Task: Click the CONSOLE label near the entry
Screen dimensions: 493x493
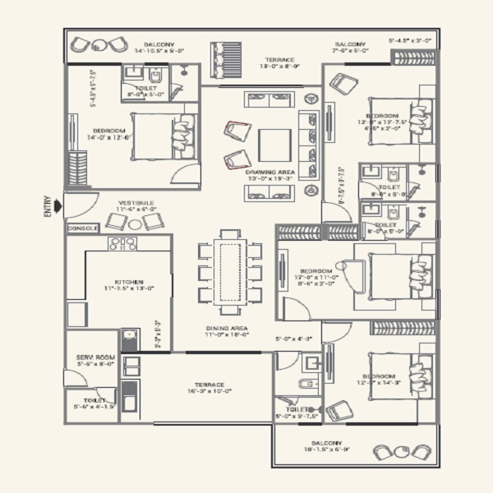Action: click(x=82, y=228)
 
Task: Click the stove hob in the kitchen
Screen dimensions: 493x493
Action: click(x=123, y=243)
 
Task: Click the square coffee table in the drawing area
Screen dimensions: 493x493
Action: click(x=275, y=145)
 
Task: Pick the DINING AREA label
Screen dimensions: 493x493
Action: click(x=228, y=328)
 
